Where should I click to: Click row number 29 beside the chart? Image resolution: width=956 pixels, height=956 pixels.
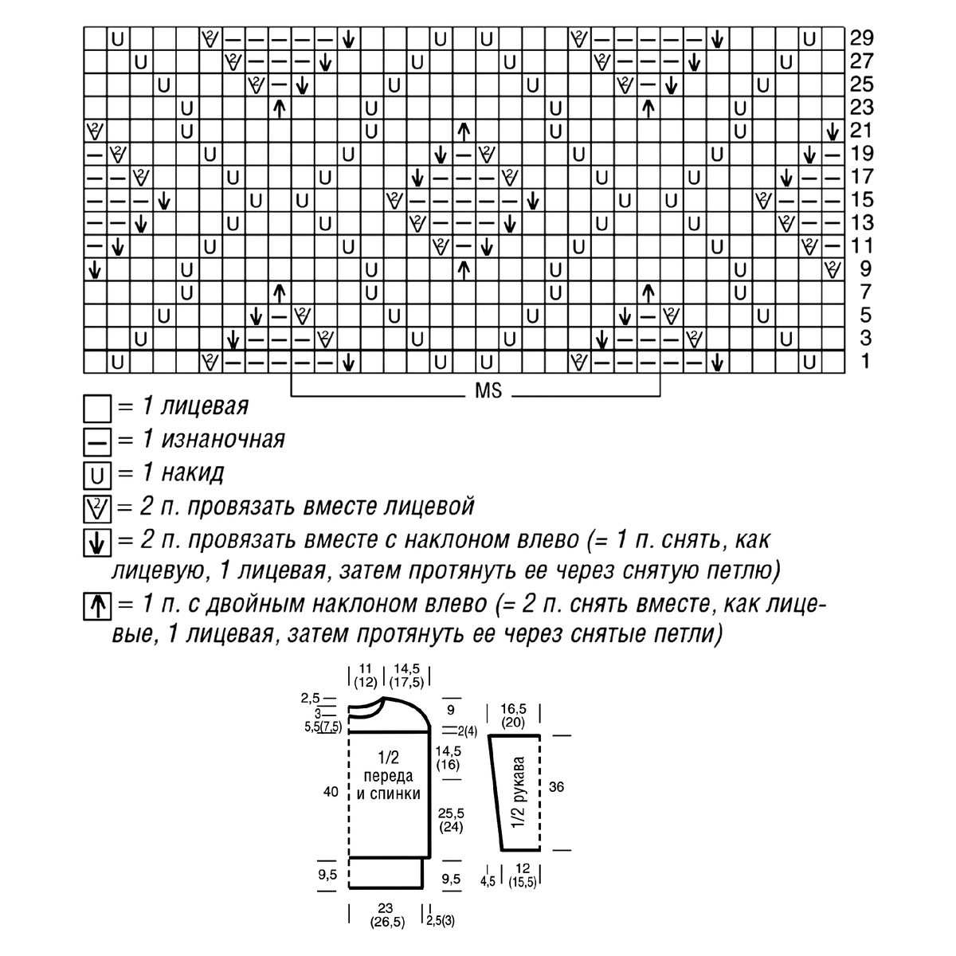click(862, 38)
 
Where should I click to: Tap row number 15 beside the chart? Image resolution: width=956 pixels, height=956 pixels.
click(862, 200)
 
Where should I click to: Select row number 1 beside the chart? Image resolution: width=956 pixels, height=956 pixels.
click(865, 362)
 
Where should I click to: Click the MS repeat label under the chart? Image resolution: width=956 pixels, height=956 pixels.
click(488, 391)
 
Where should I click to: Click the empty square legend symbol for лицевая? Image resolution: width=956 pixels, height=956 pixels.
click(96, 409)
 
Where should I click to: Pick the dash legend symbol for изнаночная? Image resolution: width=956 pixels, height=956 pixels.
click(96, 442)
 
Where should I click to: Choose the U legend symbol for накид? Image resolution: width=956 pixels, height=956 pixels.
click(96, 476)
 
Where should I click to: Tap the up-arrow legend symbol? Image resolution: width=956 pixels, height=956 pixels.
click(96, 606)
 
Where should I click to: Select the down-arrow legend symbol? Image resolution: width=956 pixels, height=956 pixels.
click(96, 543)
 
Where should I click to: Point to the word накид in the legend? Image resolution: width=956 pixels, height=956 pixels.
click(193, 473)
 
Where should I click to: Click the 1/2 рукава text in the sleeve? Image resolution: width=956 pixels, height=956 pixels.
click(518, 792)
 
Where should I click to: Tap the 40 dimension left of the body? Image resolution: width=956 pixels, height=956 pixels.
click(331, 791)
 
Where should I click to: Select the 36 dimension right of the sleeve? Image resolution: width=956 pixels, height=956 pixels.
click(556, 787)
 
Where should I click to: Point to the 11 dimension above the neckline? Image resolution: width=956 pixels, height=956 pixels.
click(365, 668)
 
